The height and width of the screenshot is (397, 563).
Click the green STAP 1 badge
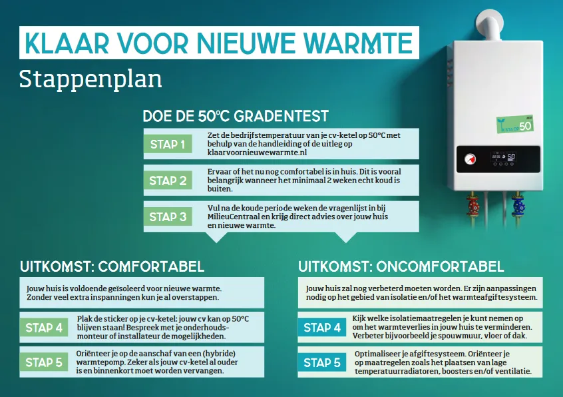168,144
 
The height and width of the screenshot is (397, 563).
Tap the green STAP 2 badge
168,181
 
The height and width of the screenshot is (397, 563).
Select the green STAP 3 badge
168,216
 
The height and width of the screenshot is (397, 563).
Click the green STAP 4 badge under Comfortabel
44,327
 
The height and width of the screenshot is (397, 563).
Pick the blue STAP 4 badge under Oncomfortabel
322,327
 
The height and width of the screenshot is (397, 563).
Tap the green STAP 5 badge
44,362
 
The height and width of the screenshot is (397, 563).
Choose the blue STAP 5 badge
322,362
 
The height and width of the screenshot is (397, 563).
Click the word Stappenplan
91,79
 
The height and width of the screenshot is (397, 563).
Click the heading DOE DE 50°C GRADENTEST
236,116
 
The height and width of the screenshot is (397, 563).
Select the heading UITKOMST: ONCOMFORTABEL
401,266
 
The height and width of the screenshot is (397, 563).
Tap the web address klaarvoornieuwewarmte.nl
257,153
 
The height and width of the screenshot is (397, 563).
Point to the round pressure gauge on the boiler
470,159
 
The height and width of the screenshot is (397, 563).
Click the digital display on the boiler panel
503,157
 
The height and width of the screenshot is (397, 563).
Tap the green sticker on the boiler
515,125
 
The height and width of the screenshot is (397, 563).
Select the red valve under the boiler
474,206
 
